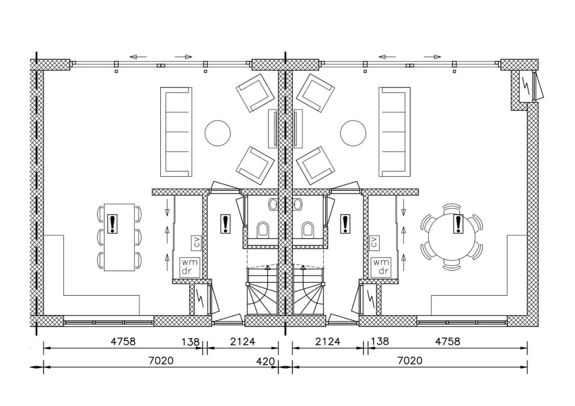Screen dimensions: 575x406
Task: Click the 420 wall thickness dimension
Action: coord(266,361)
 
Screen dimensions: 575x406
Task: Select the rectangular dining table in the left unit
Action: coord(119,237)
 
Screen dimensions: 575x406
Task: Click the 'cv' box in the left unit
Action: coord(196,243)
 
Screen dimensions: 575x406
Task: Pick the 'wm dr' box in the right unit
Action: coord(381,267)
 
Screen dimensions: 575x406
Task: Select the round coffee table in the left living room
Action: coord(217,133)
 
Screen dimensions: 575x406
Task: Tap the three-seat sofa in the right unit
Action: coord(394,132)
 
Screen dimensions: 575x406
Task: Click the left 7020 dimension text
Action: coord(161,360)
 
